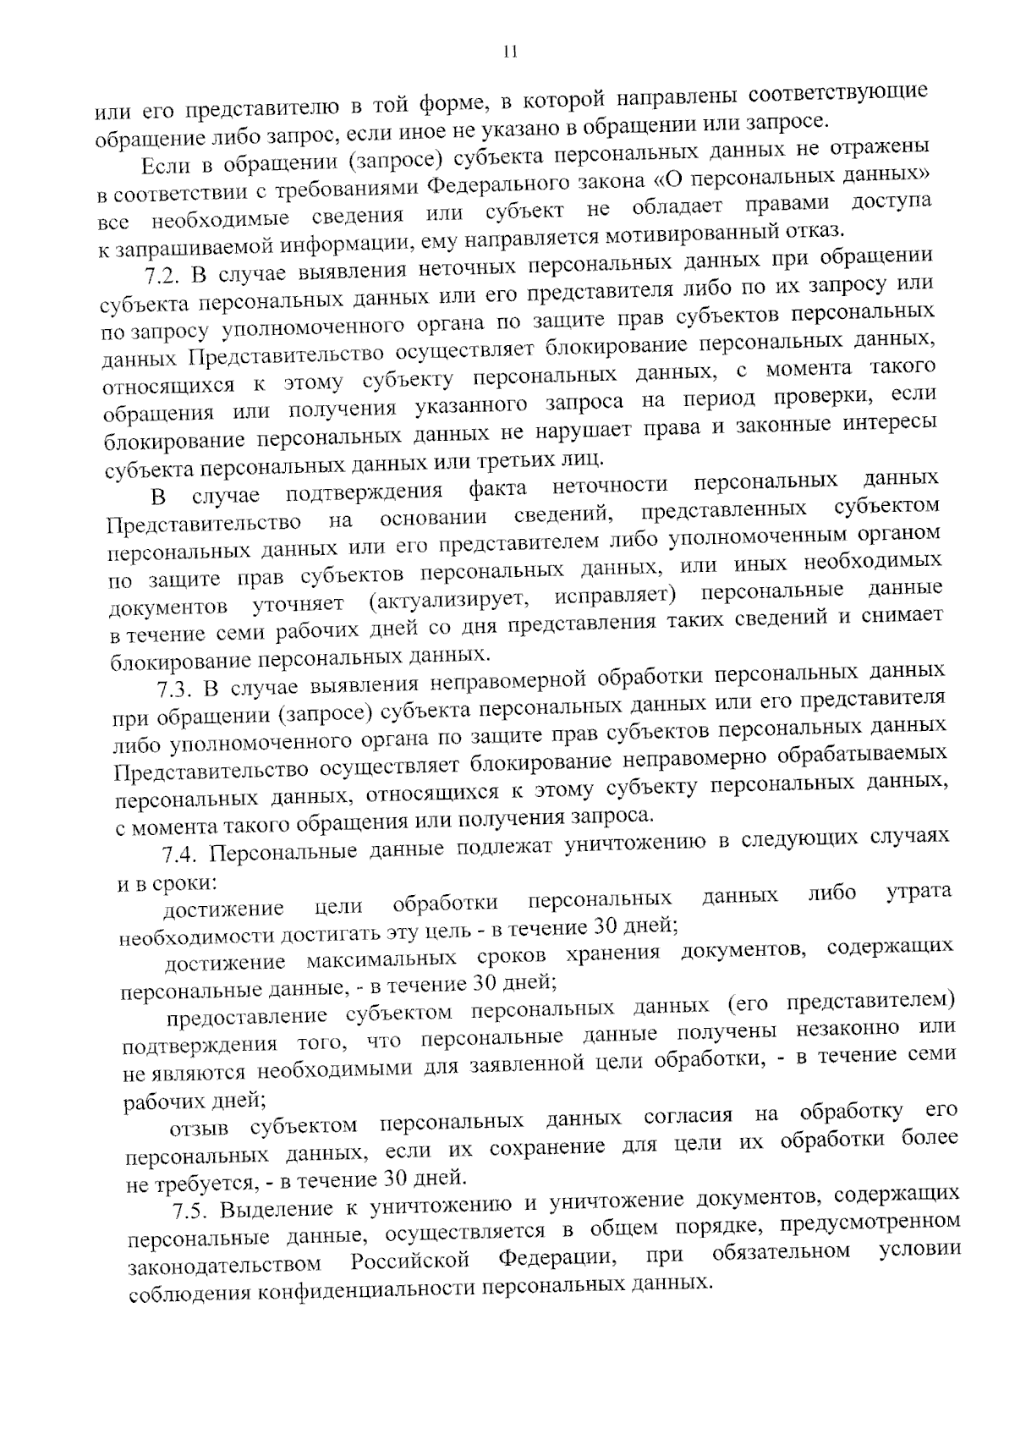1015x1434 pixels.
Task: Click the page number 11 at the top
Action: coord(508,52)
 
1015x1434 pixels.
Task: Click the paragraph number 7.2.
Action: coord(161,276)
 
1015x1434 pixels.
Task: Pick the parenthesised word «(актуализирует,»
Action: coord(449,600)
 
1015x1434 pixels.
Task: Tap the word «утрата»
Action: coord(918,892)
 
